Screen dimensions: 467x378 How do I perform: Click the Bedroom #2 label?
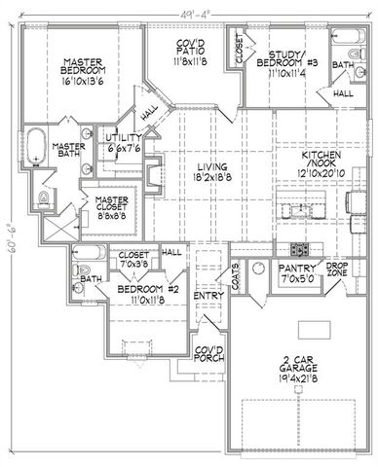coord(131,291)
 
